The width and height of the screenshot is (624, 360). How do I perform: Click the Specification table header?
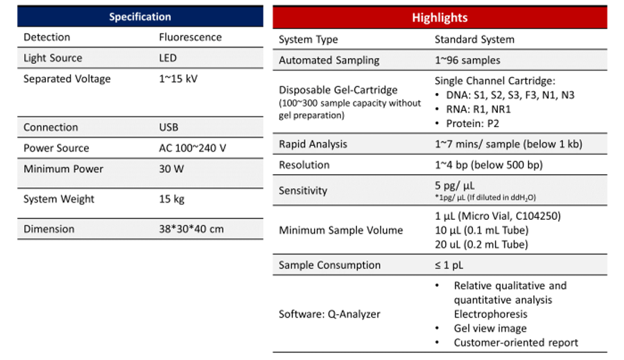coord(140,17)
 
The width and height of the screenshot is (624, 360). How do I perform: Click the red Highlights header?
coord(440,17)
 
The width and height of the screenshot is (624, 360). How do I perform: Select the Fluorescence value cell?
coord(190,37)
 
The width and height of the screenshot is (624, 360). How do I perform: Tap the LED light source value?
coord(168,58)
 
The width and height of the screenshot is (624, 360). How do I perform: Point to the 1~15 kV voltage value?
coord(178,79)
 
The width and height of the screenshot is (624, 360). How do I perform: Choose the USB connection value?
coord(168,128)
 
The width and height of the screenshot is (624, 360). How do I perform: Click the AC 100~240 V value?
coord(192,148)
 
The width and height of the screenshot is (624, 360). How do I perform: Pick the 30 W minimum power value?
coord(171,169)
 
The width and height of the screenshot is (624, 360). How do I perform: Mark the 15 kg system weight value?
coord(171,199)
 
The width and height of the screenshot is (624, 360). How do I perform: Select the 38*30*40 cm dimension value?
coord(191,229)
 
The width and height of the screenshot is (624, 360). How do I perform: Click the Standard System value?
coord(474,40)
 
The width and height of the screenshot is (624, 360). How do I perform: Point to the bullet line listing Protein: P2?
coord(470,123)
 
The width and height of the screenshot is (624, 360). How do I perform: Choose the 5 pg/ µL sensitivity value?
coord(454,185)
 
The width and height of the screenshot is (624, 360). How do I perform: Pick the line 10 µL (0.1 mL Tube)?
coord(481,230)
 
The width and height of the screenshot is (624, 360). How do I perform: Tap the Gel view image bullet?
coord(489,328)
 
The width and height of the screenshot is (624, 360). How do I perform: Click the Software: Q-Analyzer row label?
coord(329,314)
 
